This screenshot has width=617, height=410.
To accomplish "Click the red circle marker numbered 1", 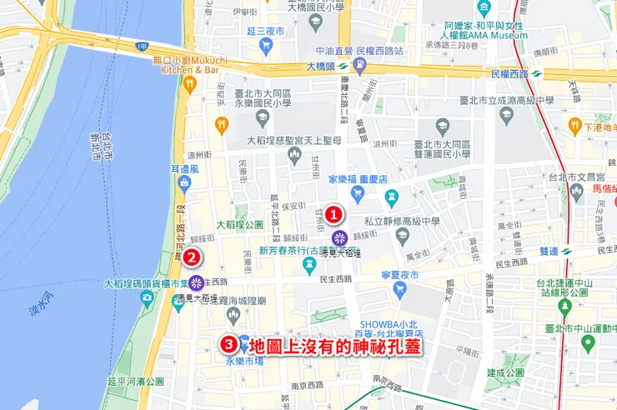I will pyautogui.click(x=334, y=214).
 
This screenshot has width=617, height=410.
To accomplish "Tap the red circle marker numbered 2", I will pyautogui.click(x=191, y=257).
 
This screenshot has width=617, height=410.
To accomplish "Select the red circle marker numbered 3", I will pyautogui.click(x=228, y=342).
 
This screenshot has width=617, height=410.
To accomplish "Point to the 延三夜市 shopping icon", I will pyautogui.click(x=267, y=46).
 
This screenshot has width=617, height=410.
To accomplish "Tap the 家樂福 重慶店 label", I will pyautogui.click(x=364, y=179).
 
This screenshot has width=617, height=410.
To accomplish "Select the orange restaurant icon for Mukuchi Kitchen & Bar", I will pyautogui.click(x=190, y=83).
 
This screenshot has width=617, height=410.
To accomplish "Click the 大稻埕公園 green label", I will pyautogui.click(x=239, y=225).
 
